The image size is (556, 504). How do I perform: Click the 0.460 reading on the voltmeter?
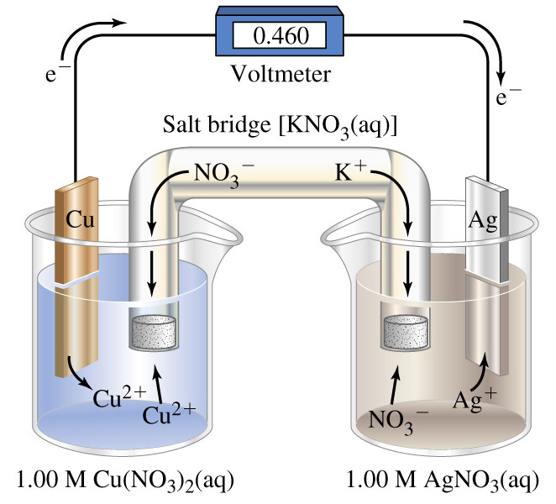pos(281,36)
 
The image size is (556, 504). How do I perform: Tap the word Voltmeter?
pos(281,74)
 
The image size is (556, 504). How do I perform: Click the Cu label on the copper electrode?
pos(80,219)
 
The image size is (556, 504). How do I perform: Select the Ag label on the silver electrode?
pos(483,221)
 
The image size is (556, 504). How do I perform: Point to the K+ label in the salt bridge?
pos(349,172)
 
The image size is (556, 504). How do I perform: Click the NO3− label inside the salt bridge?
pos(223,175)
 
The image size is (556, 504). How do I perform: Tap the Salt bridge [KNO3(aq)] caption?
pos(280,126)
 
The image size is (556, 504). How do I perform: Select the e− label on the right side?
pos(508,97)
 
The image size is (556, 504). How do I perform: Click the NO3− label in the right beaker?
pos(398,421)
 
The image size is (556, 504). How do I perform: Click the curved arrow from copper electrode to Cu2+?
pos(75,375)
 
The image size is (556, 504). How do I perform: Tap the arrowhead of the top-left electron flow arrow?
pos(120,23)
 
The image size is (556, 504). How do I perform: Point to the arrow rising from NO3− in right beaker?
pos(394,386)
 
